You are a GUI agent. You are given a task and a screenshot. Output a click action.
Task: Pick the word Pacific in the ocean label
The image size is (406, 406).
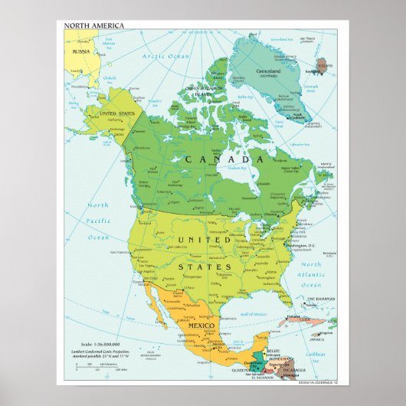tap(97, 221)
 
